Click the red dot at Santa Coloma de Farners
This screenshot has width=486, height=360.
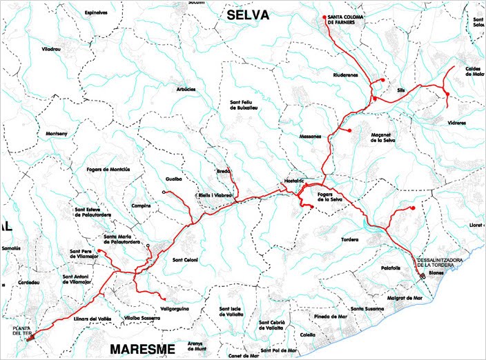pos(324,17)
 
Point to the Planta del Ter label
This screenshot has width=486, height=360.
pos(22,330)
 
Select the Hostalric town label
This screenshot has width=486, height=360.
pos(294,180)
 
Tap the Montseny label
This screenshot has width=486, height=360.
pos(56,133)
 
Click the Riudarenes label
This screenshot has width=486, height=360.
pos(346,74)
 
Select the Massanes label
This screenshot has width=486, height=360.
pos(311,136)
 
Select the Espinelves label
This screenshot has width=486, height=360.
pos(96,12)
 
